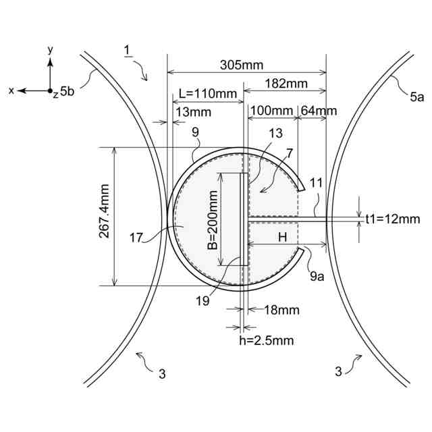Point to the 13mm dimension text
(191, 111)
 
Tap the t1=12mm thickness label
(392, 219)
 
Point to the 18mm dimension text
(276, 310)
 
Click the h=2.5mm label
(267, 341)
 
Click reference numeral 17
(137, 237)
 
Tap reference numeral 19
(202, 302)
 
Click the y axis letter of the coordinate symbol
(51, 50)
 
